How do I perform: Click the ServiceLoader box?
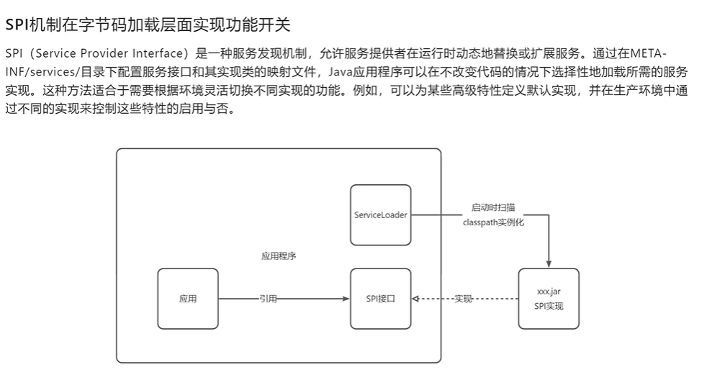[380, 215]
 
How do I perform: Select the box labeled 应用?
[188, 299]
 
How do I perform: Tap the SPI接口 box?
[380, 299]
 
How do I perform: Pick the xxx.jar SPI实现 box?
[549, 299]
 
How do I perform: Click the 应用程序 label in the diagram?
[279, 256]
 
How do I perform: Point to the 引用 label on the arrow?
[269, 299]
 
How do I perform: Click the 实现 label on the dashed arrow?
[463, 299]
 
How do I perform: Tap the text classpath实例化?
[494, 223]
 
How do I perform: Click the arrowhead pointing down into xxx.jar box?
[549, 263]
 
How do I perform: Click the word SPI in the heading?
[16, 25]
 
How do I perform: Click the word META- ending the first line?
[648, 55]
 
